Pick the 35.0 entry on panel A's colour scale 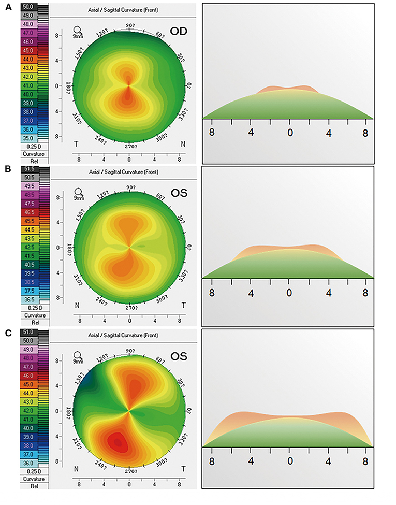click(27, 139)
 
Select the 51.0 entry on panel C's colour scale click(27, 331)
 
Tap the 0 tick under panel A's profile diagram click(290, 132)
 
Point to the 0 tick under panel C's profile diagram click(290, 460)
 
